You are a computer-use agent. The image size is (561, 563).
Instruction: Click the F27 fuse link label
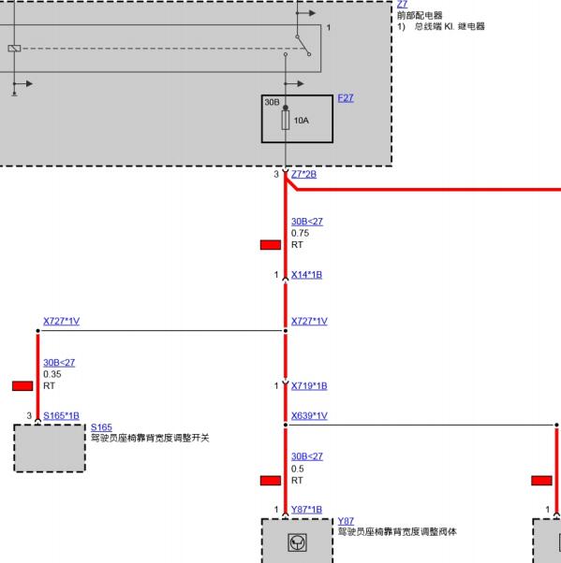click(x=346, y=98)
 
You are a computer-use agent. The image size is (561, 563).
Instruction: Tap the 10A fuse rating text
click(x=302, y=121)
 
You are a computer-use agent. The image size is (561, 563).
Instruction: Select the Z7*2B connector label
click(x=303, y=174)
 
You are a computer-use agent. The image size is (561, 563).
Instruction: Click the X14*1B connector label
click(x=306, y=275)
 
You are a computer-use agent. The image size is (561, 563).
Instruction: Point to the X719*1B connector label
click(x=309, y=386)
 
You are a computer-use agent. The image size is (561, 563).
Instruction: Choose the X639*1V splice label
click(x=309, y=416)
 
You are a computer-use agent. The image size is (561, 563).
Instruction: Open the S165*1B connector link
click(x=61, y=416)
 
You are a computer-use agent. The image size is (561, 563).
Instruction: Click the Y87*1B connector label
click(x=306, y=510)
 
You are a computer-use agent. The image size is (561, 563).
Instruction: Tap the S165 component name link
click(x=101, y=427)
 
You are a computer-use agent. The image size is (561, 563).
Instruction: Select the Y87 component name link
click(x=346, y=521)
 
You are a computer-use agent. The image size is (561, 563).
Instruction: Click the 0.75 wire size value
click(x=300, y=233)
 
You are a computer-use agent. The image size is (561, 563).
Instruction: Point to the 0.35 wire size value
click(x=52, y=374)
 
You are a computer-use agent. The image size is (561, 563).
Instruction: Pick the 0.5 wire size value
click(x=298, y=469)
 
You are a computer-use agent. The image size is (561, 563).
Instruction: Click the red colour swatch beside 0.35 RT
click(x=22, y=386)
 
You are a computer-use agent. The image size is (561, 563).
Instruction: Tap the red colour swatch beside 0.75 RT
click(x=271, y=245)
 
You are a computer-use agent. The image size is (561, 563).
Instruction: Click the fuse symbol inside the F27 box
click(x=285, y=120)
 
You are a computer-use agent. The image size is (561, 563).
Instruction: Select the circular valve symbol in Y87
click(x=298, y=542)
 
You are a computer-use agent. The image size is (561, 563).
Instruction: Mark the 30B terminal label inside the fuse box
click(x=272, y=102)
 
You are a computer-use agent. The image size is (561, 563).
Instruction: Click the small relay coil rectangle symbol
click(x=14, y=48)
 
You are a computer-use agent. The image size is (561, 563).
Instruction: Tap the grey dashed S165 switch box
click(x=50, y=448)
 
